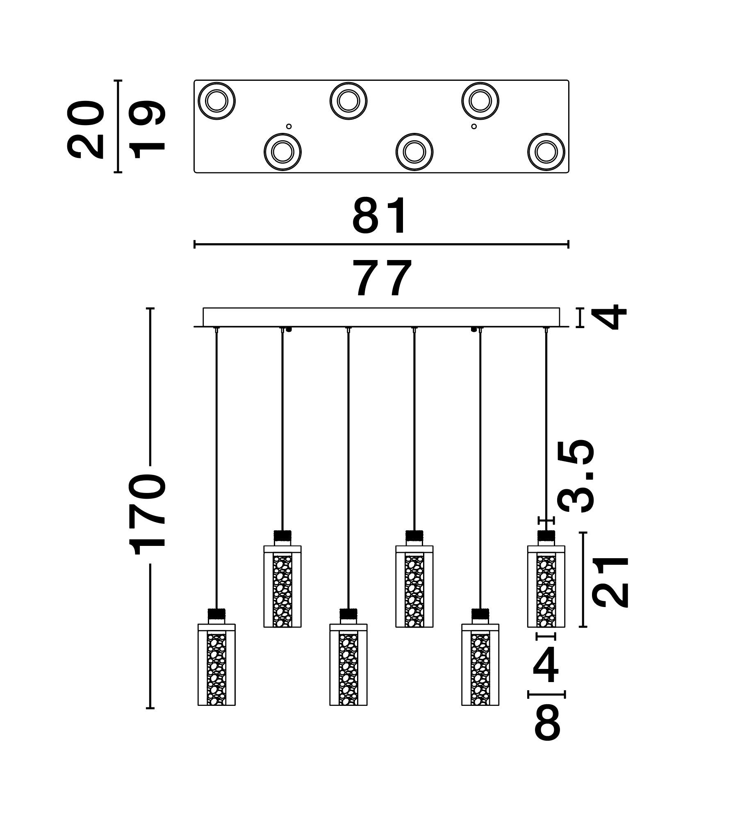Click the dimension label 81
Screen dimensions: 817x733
(380, 216)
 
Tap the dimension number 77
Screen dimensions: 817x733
(383, 278)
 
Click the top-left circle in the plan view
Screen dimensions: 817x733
(216, 101)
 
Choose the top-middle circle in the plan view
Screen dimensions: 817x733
(348, 101)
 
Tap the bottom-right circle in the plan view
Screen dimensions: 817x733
(546, 152)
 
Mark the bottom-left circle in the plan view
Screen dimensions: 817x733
(282, 152)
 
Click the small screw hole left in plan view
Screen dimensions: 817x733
(289, 126)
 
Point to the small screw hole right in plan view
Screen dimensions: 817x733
(474, 126)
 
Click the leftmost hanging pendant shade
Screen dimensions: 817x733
(216, 664)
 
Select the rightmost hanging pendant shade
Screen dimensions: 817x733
(546, 586)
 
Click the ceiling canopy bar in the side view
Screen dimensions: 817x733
(381, 317)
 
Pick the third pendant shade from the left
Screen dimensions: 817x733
(348, 664)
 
